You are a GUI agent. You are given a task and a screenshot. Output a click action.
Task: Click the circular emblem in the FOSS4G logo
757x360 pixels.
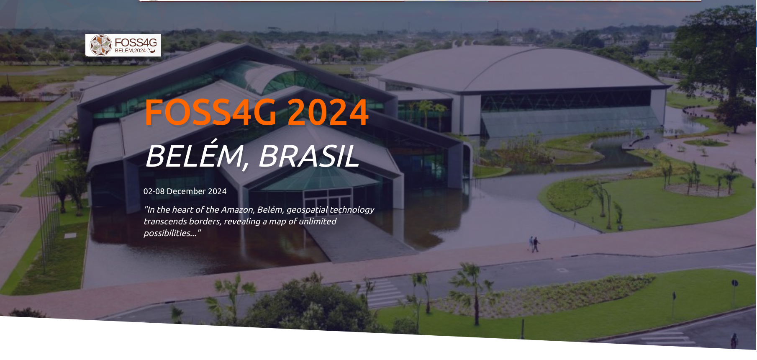(x=101, y=45)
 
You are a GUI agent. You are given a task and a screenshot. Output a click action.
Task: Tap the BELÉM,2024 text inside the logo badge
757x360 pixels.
(x=130, y=51)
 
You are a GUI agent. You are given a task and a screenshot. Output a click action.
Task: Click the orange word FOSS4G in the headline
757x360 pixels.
(x=210, y=112)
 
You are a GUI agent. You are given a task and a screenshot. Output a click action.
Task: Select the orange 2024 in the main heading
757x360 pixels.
(x=328, y=112)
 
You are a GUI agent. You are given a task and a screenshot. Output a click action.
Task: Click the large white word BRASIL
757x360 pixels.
(x=309, y=156)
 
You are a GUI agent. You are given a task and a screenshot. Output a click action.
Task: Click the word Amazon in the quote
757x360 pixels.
(x=237, y=210)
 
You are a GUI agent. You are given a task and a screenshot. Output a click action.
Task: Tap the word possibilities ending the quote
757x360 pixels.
(x=169, y=233)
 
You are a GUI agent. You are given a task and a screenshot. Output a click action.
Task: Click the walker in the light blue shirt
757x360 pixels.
(x=531, y=243)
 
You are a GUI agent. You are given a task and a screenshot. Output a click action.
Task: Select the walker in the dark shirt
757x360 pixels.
(x=536, y=245)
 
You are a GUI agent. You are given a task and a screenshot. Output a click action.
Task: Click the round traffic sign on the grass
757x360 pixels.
(x=734, y=283)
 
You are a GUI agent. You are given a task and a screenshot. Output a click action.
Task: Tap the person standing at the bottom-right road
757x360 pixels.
(x=734, y=340)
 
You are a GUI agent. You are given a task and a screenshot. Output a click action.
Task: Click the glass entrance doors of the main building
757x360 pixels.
(x=327, y=199)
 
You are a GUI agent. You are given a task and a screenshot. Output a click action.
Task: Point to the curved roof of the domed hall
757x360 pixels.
(x=519, y=67)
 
